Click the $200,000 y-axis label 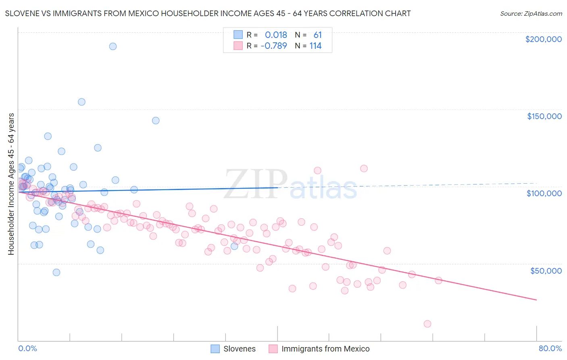click(543, 39)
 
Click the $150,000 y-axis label click(544, 116)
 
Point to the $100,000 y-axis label click(544, 193)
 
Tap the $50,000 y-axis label click(546, 270)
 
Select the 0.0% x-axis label click(27, 348)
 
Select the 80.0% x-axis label click(550, 348)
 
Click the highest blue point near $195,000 click(113, 46)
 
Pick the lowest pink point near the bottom click(427, 324)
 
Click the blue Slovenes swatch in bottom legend click(215, 349)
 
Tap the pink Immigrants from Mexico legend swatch click(273, 349)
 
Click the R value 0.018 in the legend click(276, 35)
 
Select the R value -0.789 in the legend click(274, 46)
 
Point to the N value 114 click(315, 46)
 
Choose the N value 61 click(318, 35)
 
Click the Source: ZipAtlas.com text click(531, 13)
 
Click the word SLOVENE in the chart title click(20, 13)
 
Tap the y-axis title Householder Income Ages click(11, 184)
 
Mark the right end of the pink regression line click(536, 300)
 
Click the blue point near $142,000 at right click(156, 121)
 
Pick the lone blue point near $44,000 click(56, 272)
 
